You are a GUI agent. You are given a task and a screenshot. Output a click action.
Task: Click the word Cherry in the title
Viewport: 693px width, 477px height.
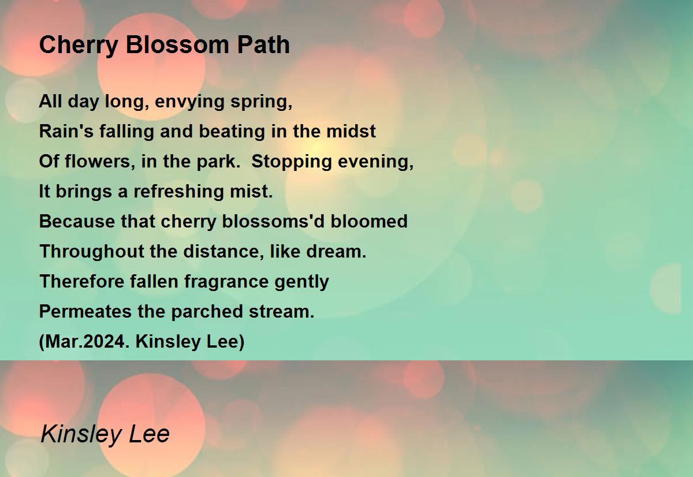[79, 46]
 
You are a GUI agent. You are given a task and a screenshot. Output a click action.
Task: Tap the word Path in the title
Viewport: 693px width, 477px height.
[263, 44]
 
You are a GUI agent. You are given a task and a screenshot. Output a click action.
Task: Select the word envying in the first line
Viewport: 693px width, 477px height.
[189, 102]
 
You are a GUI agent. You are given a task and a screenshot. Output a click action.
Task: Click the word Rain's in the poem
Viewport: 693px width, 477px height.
[66, 131]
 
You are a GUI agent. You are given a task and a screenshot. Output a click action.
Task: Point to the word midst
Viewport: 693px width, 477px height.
[351, 131]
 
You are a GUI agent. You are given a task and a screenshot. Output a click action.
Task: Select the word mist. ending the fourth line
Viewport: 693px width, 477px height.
[251, 191]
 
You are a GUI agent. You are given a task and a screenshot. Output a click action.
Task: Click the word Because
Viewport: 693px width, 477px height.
[77, 221]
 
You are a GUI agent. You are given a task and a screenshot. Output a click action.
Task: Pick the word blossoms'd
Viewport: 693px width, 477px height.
[273, 221]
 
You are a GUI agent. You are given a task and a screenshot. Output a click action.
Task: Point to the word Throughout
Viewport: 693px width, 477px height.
[92, 251]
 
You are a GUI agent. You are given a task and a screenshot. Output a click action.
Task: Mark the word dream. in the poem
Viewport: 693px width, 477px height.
[336, 251]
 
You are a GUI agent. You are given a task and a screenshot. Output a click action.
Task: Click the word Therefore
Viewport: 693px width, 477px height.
[81, 281]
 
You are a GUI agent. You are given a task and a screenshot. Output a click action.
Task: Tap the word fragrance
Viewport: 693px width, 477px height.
[226, 282]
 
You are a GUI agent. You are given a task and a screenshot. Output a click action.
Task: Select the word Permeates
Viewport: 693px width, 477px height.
[85, 311]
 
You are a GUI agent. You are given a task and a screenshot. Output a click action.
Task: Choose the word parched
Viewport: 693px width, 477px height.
[207, 311]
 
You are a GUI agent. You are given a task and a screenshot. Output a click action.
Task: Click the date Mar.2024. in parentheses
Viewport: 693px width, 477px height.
[84, 341]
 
